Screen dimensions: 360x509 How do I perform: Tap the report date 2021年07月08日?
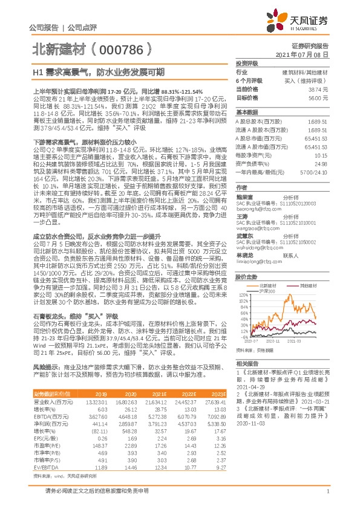(x=306, y=54)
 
